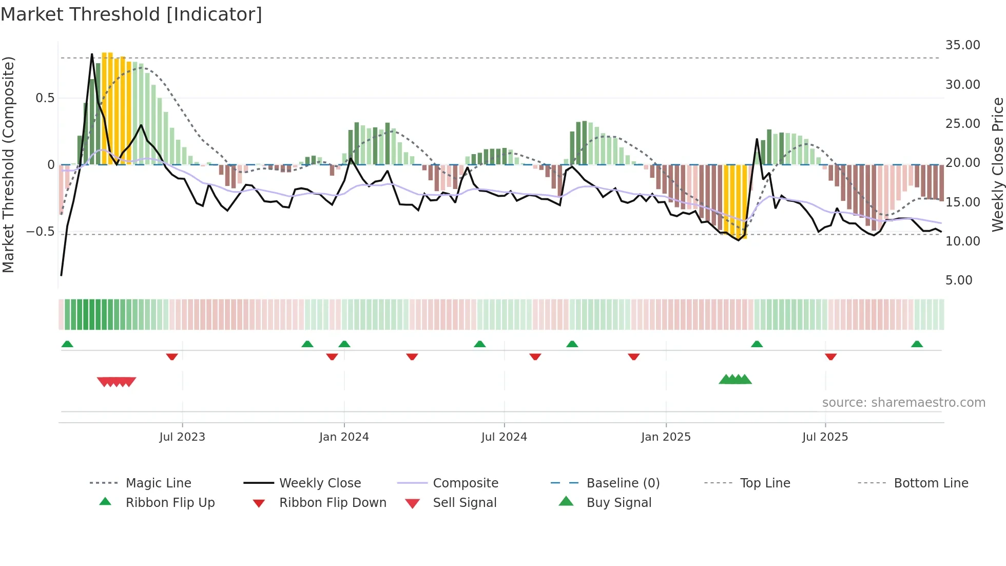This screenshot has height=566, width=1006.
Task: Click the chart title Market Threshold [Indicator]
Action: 131,14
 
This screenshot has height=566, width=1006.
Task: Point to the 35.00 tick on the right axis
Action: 962,45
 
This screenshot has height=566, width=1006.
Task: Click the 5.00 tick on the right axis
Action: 958,280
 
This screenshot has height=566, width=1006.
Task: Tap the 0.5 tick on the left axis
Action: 45,98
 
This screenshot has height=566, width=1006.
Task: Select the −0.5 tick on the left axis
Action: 41,232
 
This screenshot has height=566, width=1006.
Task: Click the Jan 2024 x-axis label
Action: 344,437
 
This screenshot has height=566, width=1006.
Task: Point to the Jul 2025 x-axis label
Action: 825,437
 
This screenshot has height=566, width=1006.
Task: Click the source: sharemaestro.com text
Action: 903,403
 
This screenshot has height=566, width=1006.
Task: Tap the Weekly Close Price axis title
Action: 997,164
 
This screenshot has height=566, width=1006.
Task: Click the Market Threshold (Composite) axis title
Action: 8,164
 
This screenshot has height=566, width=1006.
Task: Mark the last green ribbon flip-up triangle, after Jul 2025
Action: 917,344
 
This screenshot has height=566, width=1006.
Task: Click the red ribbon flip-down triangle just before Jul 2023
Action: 172,356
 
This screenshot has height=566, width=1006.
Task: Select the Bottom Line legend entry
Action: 931,483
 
